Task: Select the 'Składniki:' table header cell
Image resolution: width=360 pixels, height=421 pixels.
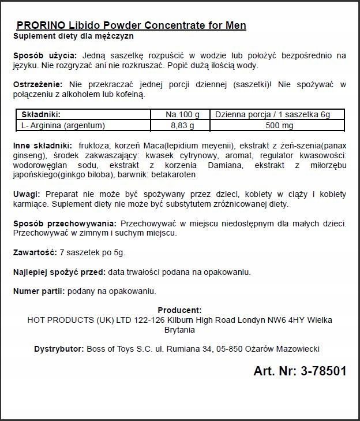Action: [x=41, y=114]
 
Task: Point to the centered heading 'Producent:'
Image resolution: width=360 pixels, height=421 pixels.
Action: [x=179, y=310]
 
